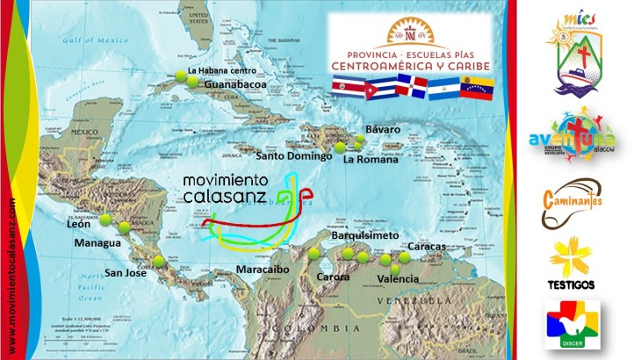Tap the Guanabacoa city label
(x=234, y=85)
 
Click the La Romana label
(x=370, y=160)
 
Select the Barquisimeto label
(x=366, y=236)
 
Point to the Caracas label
(x=428, y=247)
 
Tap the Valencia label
(x=396, y=279)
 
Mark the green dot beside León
(x=105, y=220)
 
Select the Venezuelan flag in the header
(x=475, y=86)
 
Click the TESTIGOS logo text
(x=572, y=284)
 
